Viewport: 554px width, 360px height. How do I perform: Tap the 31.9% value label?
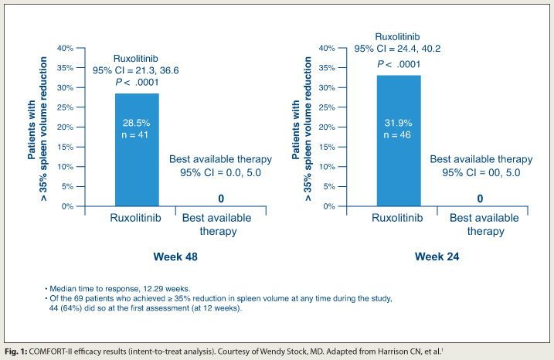[x=399, y=122]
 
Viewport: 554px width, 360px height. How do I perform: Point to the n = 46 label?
[x=399, y=134]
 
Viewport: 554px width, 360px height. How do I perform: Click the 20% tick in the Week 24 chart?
[x=326, y=127]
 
